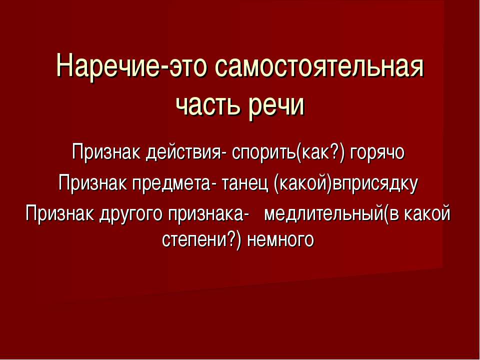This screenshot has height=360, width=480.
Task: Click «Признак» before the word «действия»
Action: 106,151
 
